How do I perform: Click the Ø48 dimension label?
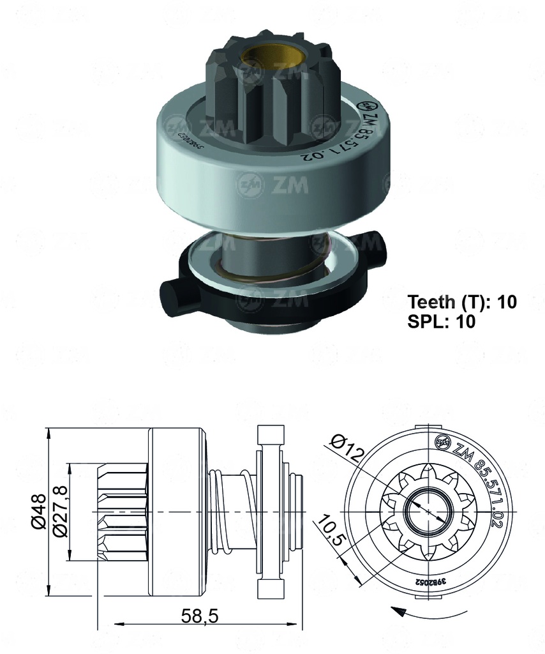(x=38, y=512)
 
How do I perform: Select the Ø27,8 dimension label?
(x=60, y=512)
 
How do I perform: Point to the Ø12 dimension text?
(x=347, y=447)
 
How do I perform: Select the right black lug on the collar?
(x=377, y=249)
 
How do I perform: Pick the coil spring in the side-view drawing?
(x=220, y=511)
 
